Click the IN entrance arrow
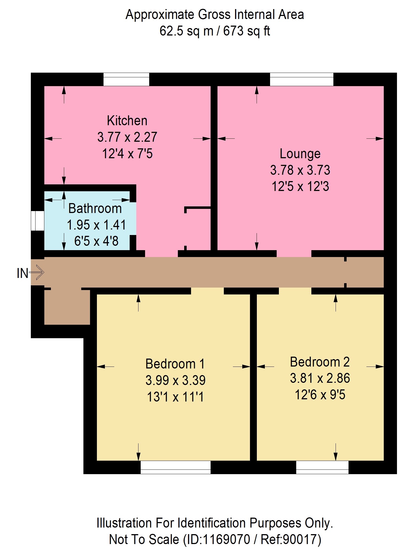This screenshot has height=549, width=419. pyautogui.click(x=37, y=273)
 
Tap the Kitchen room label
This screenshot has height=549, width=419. pyautogui.click(x=127, y=121)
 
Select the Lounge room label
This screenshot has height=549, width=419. pyautogui.click(x=300, y=154)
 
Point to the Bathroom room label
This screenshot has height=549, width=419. pyautogui.click(x=95, y=208)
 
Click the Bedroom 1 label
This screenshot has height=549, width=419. pyautogui.click(x=175, y=364)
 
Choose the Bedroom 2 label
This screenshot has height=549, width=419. pyautogui.click(x=320, y=362)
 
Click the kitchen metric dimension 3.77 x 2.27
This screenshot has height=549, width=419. pyautogui.click(x=127, y=137)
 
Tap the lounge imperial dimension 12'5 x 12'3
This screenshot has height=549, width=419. pyautogui.click(x=300, y=187)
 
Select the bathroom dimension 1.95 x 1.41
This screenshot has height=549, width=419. pyautogui.click(x=96, y=225)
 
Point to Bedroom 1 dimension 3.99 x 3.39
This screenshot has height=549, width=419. pyautogui.click(x=175, y=380)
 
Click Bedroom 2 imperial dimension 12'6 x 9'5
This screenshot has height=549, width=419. pyautogui.click(x=320, y=395)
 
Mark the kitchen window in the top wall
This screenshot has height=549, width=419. pyautogui.click(x=126, y=79)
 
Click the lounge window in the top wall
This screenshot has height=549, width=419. pyautogui.click(x=302, y=79)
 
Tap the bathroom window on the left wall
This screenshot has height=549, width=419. pyautogui.click(x=37, y=221)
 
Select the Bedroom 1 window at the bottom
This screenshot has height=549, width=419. pyautogui.click(x=176, y=467)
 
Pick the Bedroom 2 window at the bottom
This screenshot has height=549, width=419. pyautogui.click(x=322, y=467)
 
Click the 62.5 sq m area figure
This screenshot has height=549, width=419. pyautogui.click(x=186, y=31)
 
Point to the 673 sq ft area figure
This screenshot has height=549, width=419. pyautogui.click(x=246, y=31)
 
